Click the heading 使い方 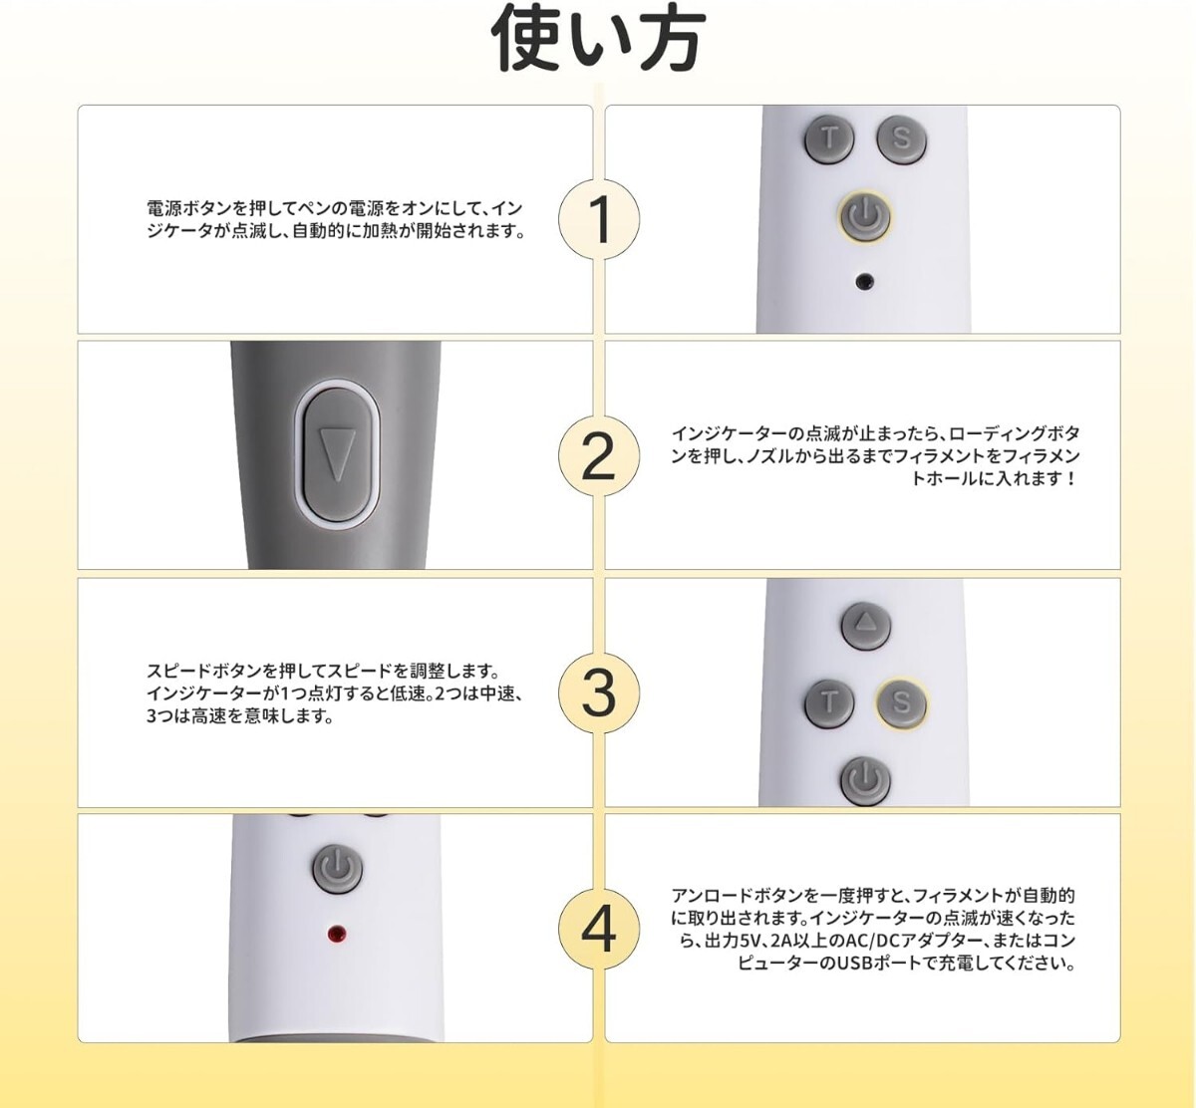[598, 39]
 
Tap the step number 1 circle [599, 219]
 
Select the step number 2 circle [599, 455]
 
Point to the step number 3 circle [599, 692]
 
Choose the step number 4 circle [599, 930]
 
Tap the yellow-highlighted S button [901, 702]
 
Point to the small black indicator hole [865, 281]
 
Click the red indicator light [337, 934]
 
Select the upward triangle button [865, 625]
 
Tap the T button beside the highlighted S [829, 702]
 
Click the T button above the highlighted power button [828, 139]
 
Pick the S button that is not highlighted [901, 139]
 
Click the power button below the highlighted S [865, 780]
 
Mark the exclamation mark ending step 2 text [1070, 479]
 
